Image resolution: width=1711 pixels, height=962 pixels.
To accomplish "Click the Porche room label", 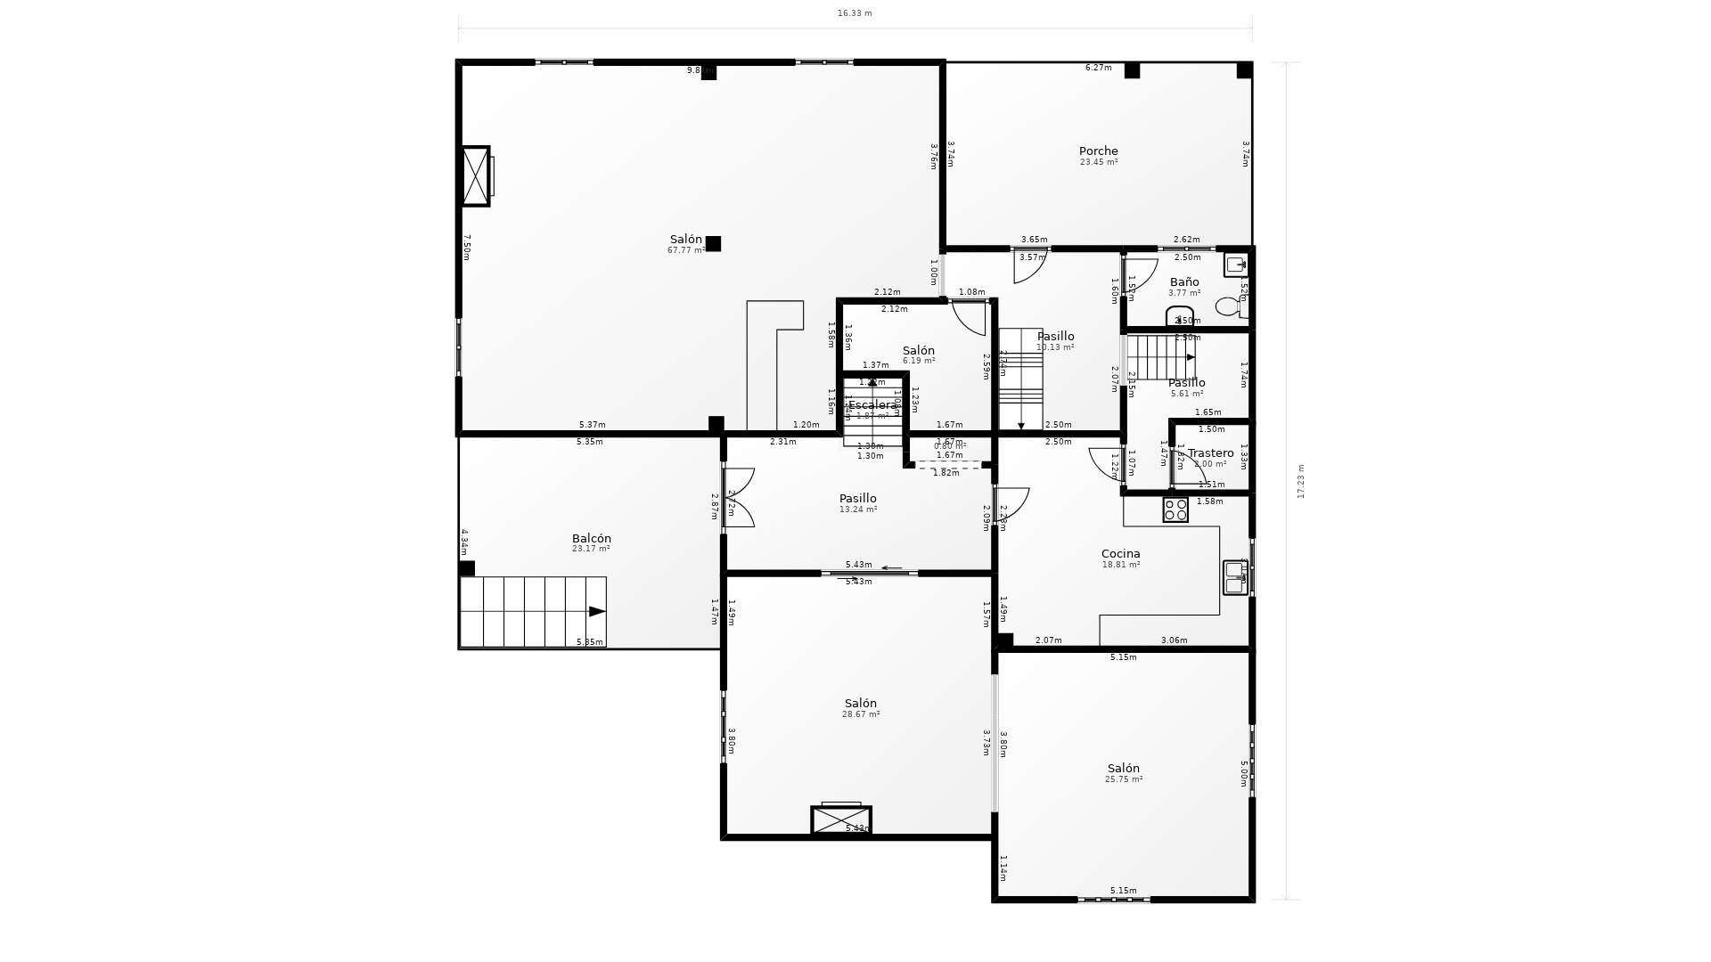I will pos(1098,151).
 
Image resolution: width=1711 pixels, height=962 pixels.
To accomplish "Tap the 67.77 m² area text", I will pos(685,251).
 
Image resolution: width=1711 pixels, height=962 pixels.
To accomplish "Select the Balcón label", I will pos(591,539).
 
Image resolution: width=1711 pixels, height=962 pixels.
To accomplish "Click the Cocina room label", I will pos(1120,554).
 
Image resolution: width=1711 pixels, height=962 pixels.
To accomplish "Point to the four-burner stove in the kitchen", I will pos(1175,510).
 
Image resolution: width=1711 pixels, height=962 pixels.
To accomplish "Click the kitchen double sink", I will pos(1235,577).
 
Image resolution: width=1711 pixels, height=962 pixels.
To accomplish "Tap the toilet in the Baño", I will pos(1230,306).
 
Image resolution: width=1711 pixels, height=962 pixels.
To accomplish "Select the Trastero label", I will pos(1210,453).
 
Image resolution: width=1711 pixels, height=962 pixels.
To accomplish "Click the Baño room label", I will pos(1184,282).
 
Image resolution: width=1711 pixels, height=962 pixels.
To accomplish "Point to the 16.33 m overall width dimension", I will pos(855,13).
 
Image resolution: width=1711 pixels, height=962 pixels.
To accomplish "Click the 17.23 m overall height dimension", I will pos(1301,481).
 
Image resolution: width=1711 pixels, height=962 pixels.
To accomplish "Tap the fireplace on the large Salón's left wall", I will pos(476,176).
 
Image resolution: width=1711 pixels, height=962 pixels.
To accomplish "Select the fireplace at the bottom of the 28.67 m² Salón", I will pos(840,819).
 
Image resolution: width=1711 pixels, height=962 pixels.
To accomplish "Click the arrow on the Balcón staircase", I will pos(596,611).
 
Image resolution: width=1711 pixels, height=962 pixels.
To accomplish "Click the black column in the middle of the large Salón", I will pos(713,243).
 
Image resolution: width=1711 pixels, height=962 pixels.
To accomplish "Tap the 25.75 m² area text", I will pos(1124,779).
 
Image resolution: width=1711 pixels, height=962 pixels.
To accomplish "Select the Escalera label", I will pos(872,405).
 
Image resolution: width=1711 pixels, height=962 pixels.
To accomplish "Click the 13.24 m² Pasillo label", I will pos(857,499).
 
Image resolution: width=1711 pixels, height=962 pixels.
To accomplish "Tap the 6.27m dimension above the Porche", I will pos(1098,68).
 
